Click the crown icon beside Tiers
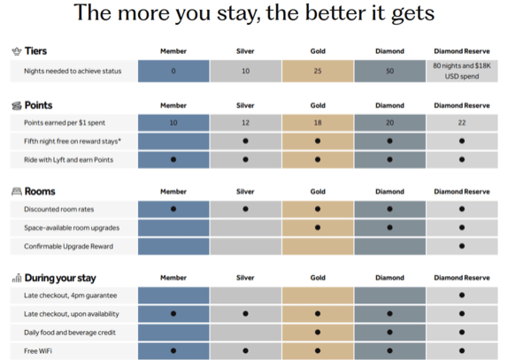pos(17,51)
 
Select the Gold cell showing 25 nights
pos(318,71)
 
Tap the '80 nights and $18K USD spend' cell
pos(462,71)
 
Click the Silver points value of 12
pos(245,123)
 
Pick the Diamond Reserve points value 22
pos(462,123)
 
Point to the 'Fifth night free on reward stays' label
pos(73,142)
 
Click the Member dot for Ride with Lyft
pos(173,159)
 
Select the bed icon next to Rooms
pos(17,192)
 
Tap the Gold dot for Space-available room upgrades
pos(318,227)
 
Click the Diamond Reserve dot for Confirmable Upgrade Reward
pos(462,246)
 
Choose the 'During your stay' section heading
pos(60,278)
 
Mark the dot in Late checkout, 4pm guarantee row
pos(462,295)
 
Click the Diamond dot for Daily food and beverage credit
pos(389,333)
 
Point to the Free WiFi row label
pos(38,351)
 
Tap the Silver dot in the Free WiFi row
pos(245,350)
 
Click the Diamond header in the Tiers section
pos(389,51)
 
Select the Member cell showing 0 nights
pos(173,71)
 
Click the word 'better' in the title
pos(336,13)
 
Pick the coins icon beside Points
pos(17,105)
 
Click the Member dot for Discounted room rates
pos(173,209)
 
